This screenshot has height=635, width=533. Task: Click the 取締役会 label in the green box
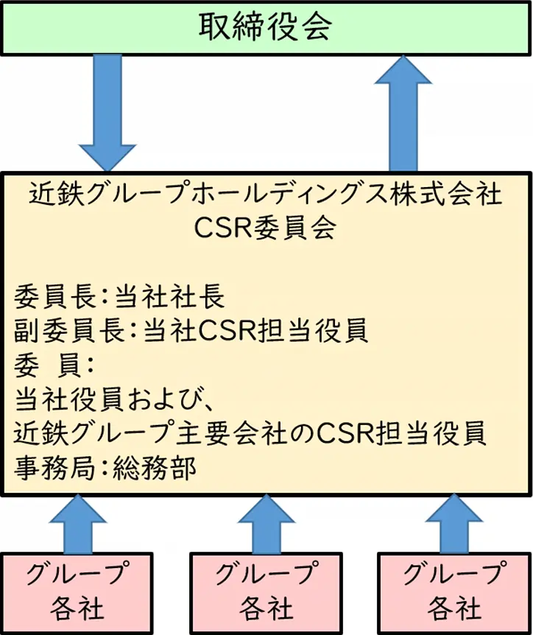click(x=266, y=27)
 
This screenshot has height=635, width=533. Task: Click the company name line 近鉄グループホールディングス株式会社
click(x=266, y=194)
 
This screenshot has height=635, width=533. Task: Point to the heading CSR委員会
click(x=266, y=229)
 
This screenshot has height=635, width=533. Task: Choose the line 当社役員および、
click(x=114, y=399)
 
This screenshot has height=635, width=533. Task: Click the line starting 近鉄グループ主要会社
click(x=250, y=433)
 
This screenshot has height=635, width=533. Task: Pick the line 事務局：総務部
click(x=106, y=468)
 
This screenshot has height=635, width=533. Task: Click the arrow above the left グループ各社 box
click(x=77, y=525)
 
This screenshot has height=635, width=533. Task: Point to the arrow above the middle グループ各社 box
click(x=266, y=525)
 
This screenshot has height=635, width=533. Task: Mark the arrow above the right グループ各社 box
click(x=454, y=525)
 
